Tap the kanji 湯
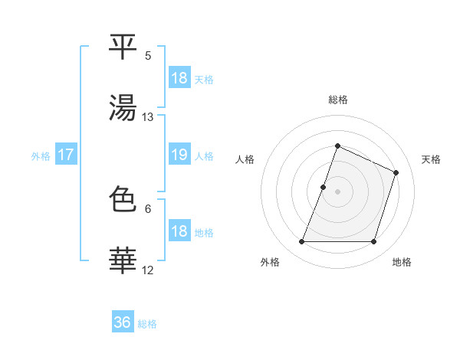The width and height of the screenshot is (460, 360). point(123,106)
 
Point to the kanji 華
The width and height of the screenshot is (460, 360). point(123,260)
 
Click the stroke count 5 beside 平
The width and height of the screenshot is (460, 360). point(148,55)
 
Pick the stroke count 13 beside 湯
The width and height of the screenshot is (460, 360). point(148,116)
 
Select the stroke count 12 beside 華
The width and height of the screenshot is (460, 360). point(148,270)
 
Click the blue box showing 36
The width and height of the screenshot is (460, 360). point(123,322)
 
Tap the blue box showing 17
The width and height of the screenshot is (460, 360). point(66,155)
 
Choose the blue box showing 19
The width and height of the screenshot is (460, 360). point(179,155)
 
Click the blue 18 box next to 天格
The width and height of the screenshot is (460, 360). point(179,78)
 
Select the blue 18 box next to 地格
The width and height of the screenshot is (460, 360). point(179,231)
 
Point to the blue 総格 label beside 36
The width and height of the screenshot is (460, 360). point(147,324)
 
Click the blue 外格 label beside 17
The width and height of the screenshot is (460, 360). point(41,155)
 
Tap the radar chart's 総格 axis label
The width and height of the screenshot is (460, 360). point(337,100)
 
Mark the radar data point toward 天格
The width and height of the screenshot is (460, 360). point(396,172)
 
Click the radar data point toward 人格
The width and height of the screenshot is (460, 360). point(323,187)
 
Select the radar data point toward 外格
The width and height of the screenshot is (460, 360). point(301,242)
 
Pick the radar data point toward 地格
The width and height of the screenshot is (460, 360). point(374,242)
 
